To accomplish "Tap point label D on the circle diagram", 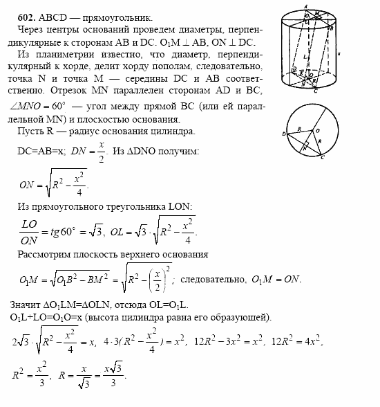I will (284, 133).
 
